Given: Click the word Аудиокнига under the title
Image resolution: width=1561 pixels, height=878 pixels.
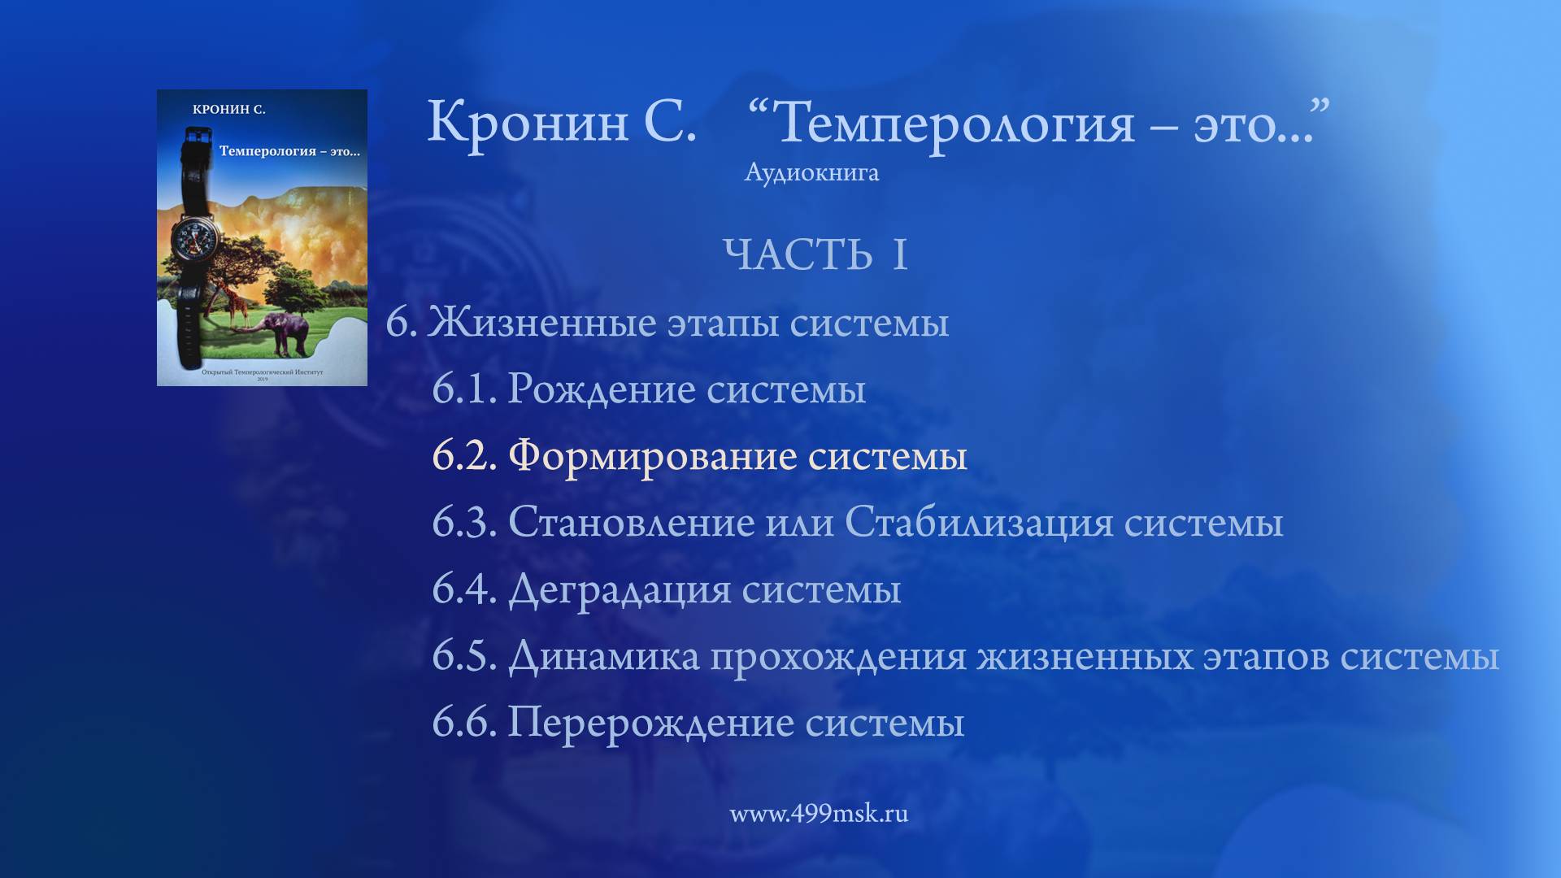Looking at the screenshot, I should click(x=811, y=172).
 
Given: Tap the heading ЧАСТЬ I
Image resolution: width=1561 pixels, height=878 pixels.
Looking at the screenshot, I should click(x=815, y=254).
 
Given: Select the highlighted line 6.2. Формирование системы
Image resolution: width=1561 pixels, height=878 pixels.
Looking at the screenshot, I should click(x=699, y=455).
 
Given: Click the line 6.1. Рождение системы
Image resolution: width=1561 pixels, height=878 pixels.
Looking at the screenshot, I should click(x=648, y=389).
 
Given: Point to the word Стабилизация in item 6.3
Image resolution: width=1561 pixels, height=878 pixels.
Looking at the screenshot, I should click(x=979, y=522).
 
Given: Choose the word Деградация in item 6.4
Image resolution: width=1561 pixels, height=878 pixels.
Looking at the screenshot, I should click(x=620, y=589).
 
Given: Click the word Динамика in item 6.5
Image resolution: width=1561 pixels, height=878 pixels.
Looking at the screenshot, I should click(x=603, y=655).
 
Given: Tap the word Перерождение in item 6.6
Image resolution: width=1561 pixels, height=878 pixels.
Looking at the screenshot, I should click(x=650, y=722).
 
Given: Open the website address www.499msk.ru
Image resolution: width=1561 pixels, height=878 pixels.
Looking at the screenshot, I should click(x=819, y=814).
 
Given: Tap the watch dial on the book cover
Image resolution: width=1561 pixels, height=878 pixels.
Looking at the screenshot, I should click(x=196, y=239).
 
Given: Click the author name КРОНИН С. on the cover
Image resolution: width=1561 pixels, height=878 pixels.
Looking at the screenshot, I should click(x=229, y=110).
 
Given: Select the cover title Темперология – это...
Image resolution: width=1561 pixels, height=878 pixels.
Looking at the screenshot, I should click(x=289, y=151).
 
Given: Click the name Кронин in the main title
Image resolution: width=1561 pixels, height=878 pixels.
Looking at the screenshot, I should click(x=528, y=122).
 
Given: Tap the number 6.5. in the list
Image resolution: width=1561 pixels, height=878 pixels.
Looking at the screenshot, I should click(x=463, y=655).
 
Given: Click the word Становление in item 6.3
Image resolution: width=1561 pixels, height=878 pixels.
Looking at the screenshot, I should click(x=631, y=522).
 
